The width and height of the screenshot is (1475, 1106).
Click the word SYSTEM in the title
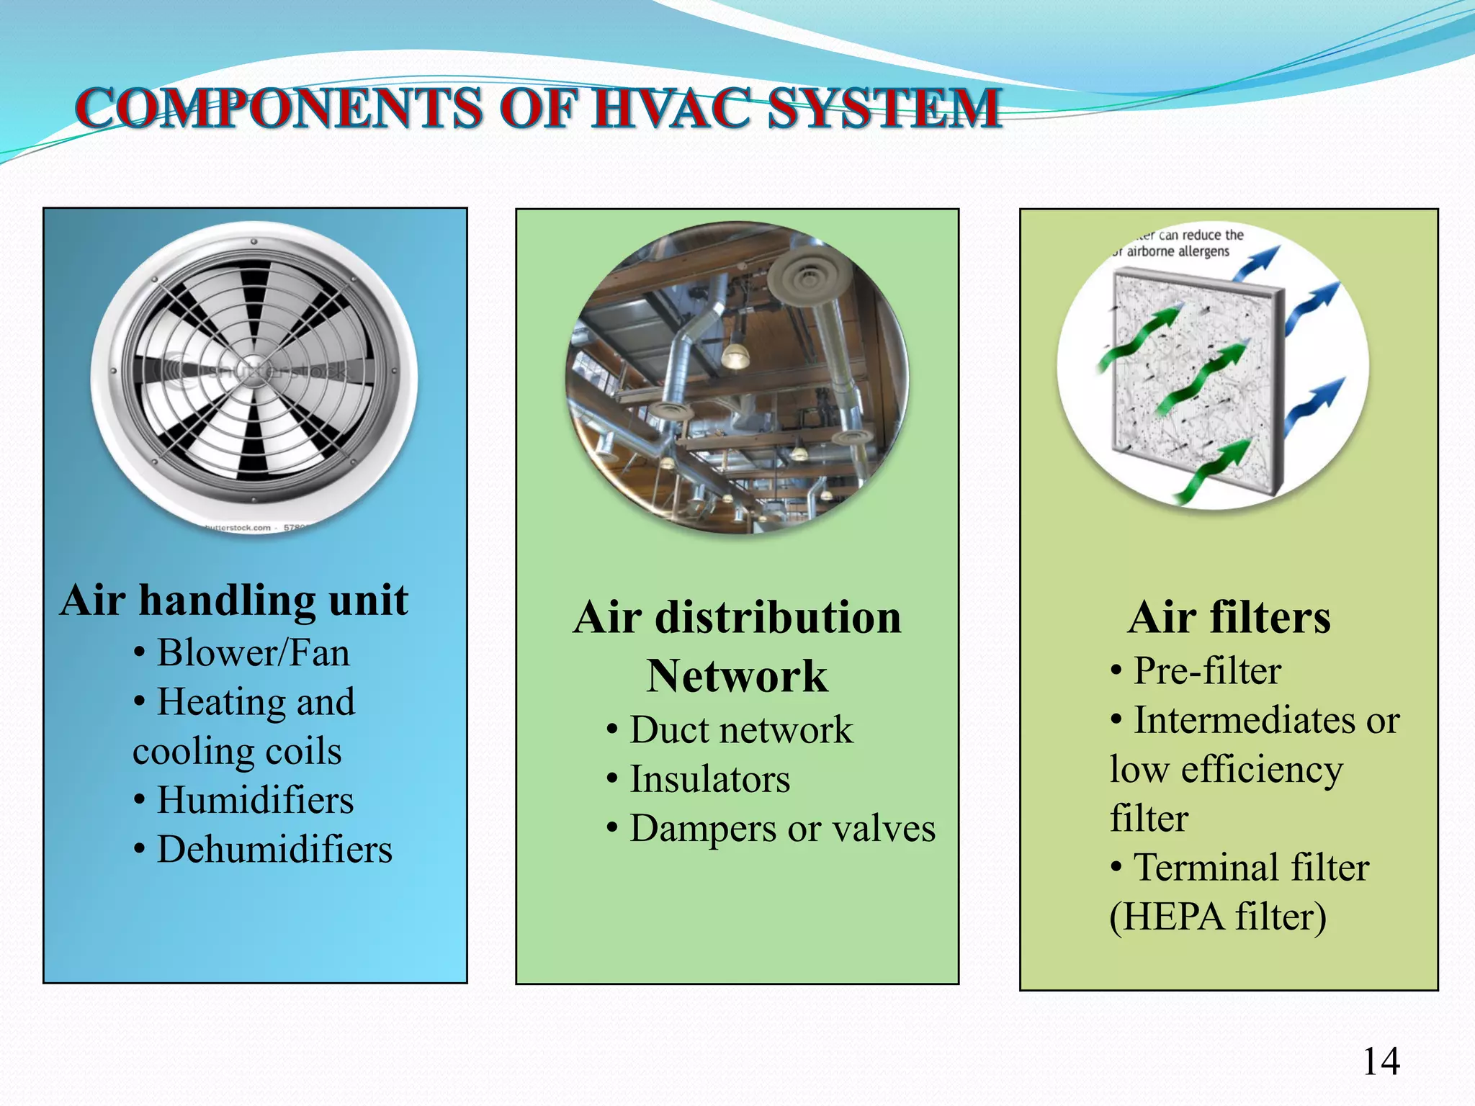[884, 108]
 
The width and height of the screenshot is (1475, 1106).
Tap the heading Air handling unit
[234, 600]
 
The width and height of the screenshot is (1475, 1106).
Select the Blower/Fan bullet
[253, 653]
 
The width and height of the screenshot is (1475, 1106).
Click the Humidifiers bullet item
[255, 800]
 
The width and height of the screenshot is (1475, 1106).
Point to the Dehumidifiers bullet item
[274, 850]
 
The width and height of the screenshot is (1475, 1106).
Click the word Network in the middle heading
[737, 676]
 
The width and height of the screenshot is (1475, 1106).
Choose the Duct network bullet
[741, 730]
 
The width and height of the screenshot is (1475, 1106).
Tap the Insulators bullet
[709, 779]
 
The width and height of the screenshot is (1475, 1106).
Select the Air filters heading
[1229, 617]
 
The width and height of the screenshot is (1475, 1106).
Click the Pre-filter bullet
[1207, 671]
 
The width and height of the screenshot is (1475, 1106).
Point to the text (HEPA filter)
[1218, 917]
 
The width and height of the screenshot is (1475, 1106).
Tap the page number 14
[1381, 1061]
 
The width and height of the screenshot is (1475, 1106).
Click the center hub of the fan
[254, 374]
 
